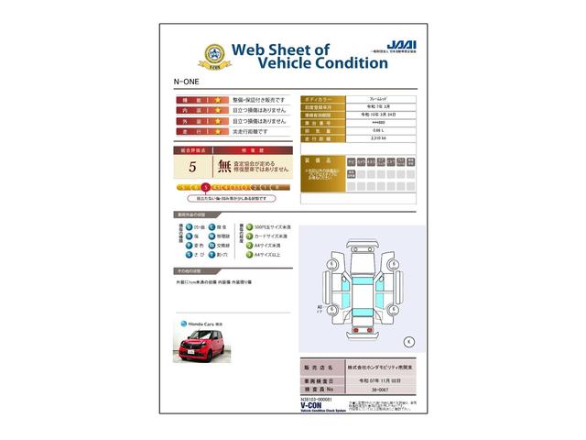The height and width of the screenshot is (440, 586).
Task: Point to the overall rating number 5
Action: click(192, 168)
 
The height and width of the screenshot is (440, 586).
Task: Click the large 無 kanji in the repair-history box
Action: click(224, 167)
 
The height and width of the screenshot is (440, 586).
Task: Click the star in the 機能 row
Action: click(218, 98)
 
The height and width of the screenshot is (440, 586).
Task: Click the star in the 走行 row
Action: click(218, 131)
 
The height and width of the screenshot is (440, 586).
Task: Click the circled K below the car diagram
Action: click(407, 341)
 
